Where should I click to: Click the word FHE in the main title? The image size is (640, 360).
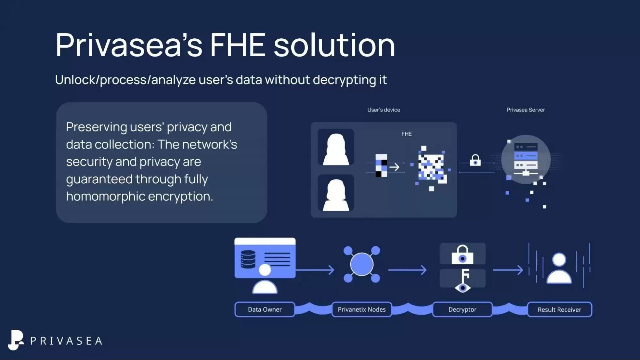[237, 45]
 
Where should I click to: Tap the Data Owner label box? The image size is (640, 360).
[265, 309]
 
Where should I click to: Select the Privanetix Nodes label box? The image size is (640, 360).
[361, 309]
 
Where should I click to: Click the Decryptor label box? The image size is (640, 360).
[462, 309]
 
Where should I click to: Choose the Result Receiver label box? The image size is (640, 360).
[559, 309]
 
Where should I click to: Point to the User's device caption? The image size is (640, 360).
[384, 110]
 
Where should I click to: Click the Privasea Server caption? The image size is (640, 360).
[525, 110]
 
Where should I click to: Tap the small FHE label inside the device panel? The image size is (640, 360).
[406, 134]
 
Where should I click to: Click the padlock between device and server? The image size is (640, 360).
[475, 160]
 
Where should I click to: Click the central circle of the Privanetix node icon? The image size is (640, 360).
[361, 264]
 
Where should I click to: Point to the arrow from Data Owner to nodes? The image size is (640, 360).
[315, 270]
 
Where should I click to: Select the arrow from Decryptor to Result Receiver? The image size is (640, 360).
[508, 270]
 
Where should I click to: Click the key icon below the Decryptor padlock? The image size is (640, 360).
[463, 280]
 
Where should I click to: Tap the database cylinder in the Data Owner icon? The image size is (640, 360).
[248, 259]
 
